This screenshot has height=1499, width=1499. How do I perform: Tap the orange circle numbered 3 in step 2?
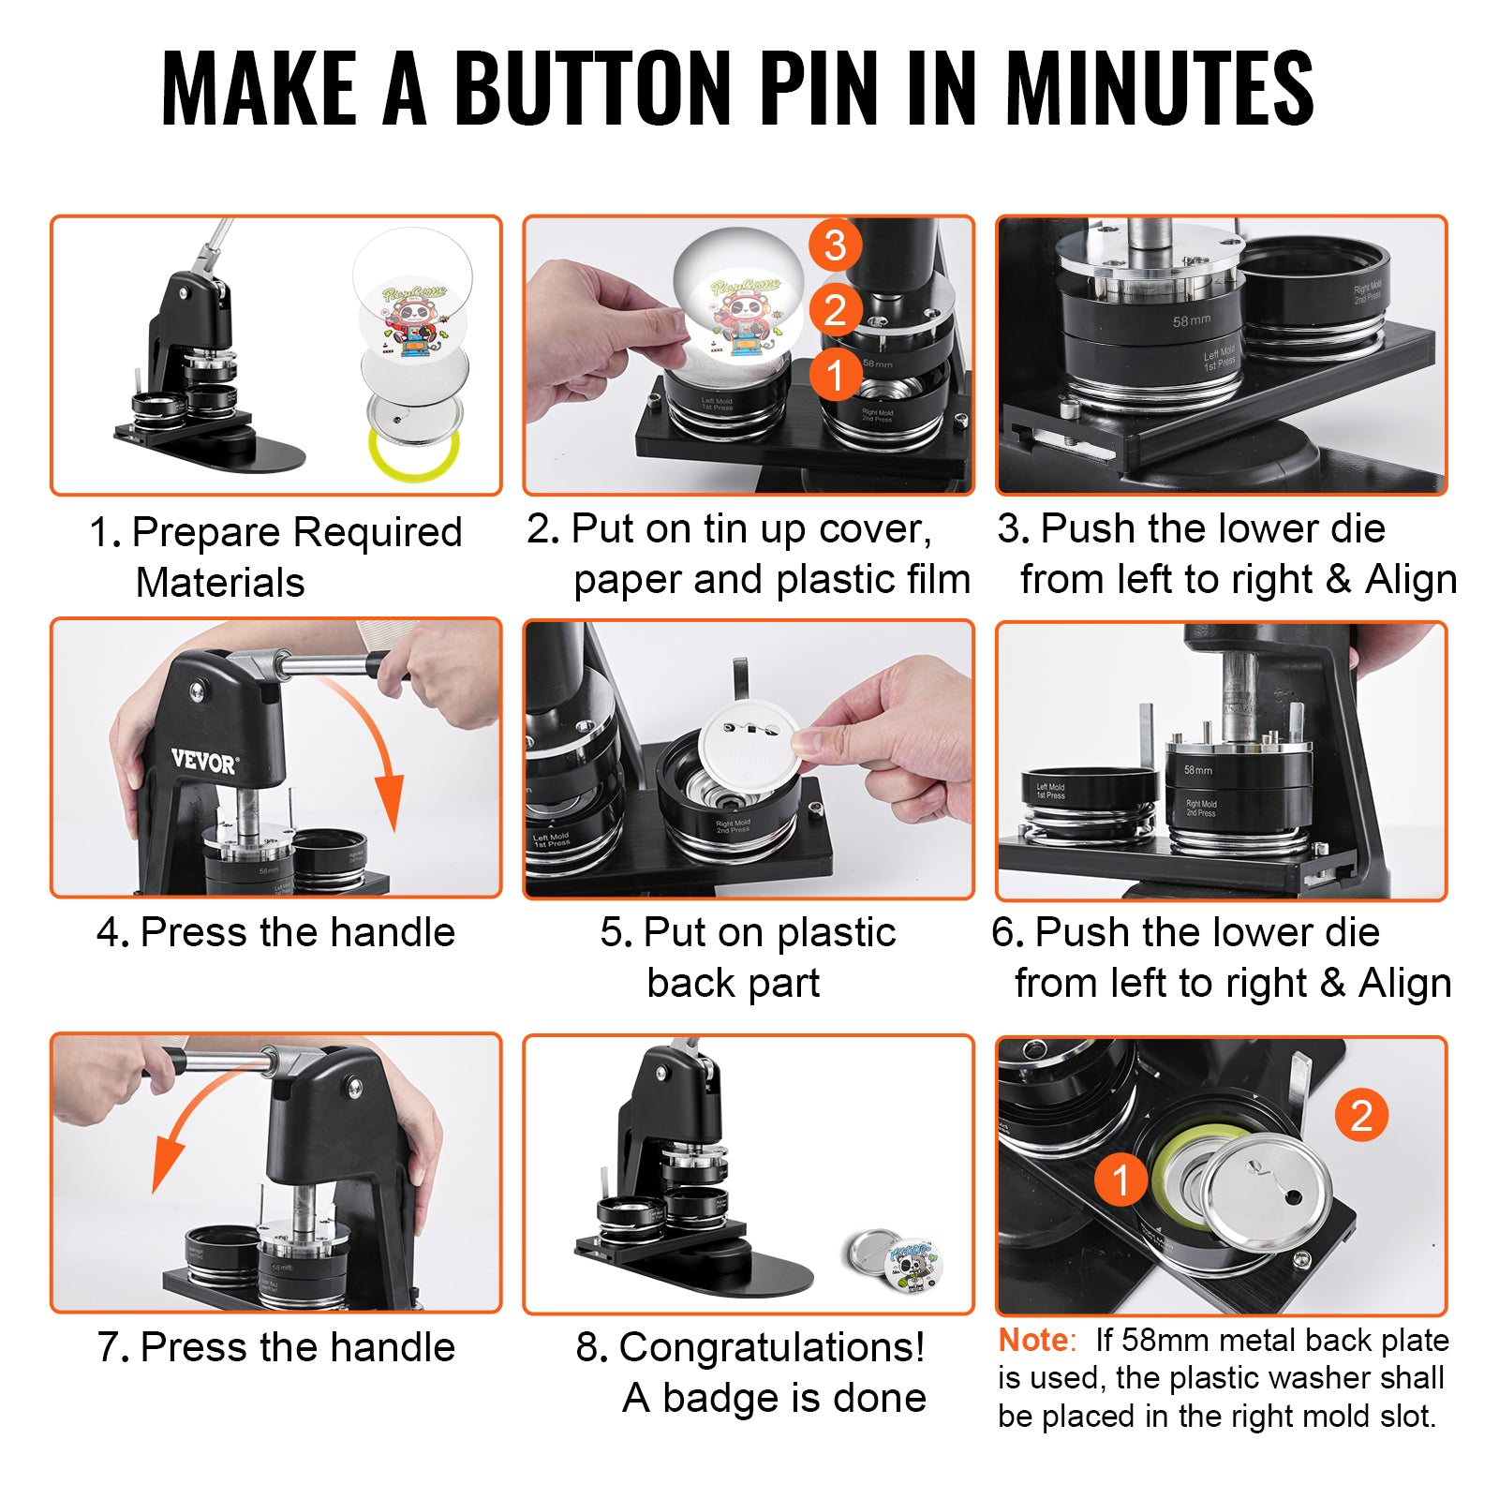835,245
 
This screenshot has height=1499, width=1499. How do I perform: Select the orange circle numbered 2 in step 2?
835,310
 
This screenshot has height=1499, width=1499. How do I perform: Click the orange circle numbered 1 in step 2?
835,376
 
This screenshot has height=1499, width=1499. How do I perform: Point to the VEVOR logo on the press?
204,761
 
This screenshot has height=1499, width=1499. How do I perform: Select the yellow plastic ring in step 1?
413,453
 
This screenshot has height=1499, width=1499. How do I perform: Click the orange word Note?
1032,1341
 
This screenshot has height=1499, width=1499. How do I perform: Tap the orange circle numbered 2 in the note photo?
1361,1115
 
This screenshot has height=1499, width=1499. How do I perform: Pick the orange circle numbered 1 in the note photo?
1121,1180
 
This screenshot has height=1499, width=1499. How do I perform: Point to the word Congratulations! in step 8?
771,1347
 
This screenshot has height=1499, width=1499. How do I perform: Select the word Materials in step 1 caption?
220,583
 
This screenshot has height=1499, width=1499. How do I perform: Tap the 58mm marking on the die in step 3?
1191,320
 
